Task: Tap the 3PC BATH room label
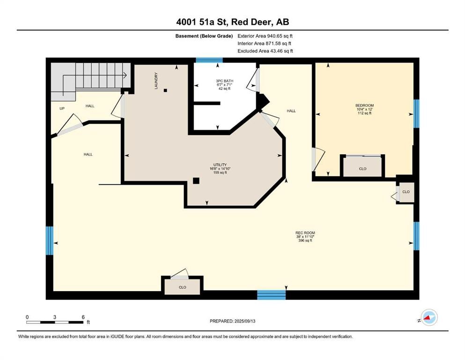(x=224, y=81)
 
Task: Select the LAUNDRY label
(x=156, y=81)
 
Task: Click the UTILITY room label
(x=220, y=165)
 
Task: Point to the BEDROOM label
(x=364, y=105)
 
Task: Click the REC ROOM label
(x=305, y=233)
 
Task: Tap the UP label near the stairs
(x=62, y=109)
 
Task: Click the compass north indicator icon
(x=429, y=317)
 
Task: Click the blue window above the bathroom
(x=209, y=60)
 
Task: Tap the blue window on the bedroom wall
(x=416, y=113)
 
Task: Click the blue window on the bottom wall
(x=271, y=295)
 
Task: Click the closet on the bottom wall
(x=182, y=286)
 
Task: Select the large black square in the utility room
(x=196, y=181)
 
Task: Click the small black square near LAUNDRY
(x=165, y=90)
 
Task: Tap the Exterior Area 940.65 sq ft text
(x=265, y=36)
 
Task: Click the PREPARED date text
(x=232, y=321)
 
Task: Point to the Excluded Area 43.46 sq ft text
(x=265, y=51)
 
